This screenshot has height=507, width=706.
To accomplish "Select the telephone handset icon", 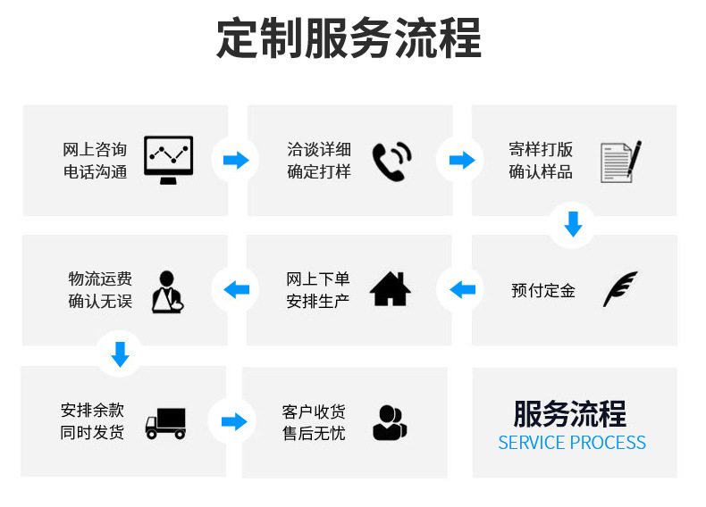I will (391, 162).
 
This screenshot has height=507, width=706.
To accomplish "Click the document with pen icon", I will (620, 162).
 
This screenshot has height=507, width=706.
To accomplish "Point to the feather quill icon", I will (619, 289).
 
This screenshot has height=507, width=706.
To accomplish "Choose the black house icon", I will (391, 288).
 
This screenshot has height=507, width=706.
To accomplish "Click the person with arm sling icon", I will (167, 290).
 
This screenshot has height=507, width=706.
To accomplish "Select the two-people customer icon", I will (390, 422).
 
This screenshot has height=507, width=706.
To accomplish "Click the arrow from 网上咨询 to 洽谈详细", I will (236, 161).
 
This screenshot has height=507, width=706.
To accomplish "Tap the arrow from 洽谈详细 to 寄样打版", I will (461, 161).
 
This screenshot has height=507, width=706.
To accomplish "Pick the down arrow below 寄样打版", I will (574, 224).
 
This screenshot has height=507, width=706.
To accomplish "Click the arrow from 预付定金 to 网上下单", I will (462, 289).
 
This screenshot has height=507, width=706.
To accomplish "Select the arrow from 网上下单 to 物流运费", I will (236, 289).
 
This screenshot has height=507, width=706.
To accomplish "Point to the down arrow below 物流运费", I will (120, 354).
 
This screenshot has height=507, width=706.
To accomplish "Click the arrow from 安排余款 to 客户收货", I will (233, 421).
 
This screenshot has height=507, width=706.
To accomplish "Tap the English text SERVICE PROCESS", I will (572, 443).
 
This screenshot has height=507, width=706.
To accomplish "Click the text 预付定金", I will (543, 290).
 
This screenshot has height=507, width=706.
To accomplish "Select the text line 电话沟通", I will (95, 171).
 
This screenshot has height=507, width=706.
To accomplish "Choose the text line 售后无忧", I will (314, 433).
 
